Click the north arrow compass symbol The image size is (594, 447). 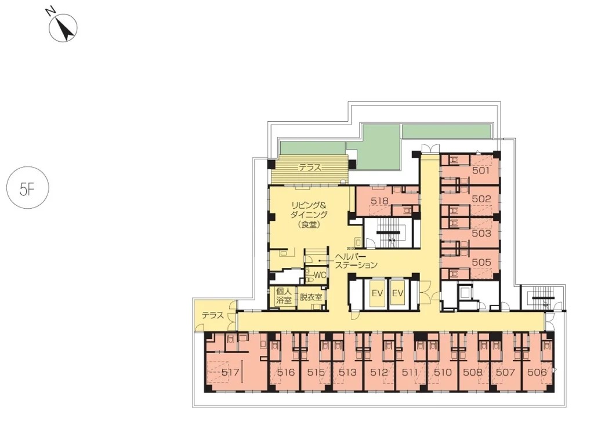pos(63,28)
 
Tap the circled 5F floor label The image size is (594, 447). pos(28,188)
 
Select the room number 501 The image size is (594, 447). pos(481,170)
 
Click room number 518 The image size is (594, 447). pos(379,201)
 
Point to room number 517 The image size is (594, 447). pos(230,372)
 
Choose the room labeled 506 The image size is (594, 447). pos(537,372)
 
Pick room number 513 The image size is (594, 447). pos(347,372)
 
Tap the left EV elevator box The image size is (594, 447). pos(377,293)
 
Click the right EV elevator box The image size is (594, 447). pos(398,293)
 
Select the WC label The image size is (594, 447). pos(320,275)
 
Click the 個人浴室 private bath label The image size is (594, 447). pos(284,296)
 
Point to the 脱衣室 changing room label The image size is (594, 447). pos(311,297)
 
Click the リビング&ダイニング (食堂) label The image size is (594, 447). pos(309,215)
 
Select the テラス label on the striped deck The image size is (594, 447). pos(310,168)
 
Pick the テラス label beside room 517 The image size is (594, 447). pos(212,315)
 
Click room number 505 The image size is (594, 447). pos(481,262)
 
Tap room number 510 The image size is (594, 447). pos(443,372)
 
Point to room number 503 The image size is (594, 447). pos(481,233)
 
